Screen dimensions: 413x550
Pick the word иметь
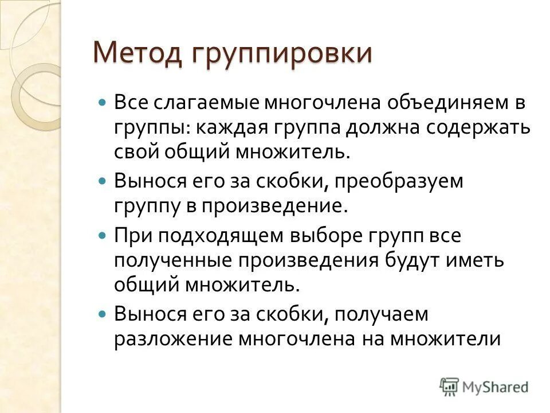pyautogui.click(x=478, y=259)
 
